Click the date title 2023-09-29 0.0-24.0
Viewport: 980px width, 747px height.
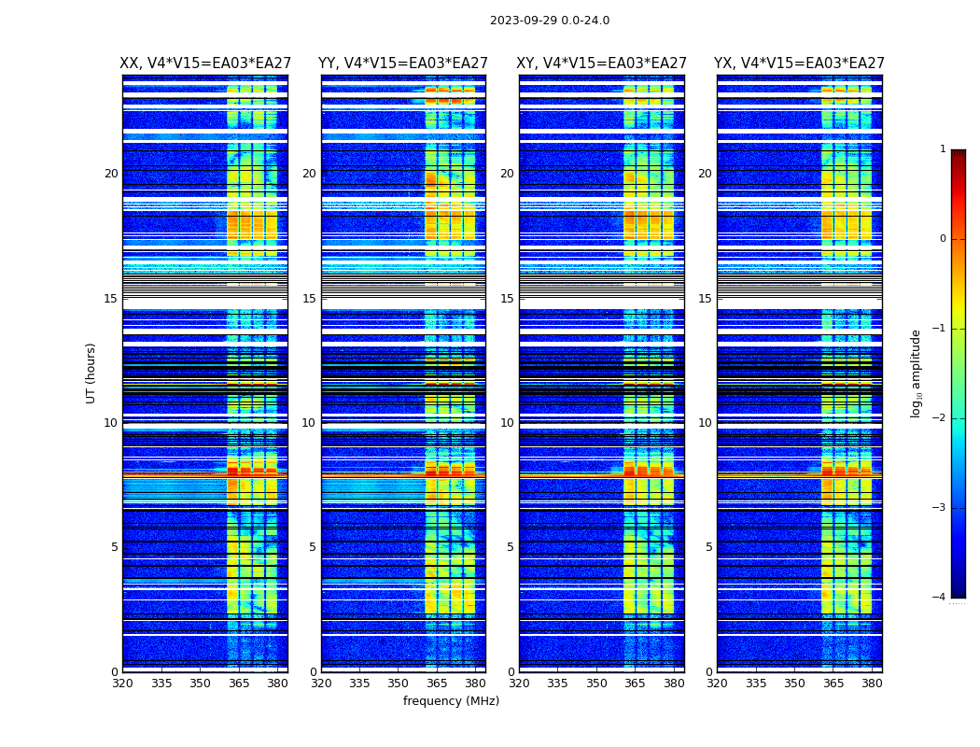pyautogui.click(x=550, y=21)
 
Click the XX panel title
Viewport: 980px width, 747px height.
pyautogui.click(x=204, y=63)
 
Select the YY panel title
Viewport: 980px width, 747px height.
pyautogui.click(x=403, y=63)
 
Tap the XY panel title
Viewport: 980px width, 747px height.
pyautogui.click(x=601, y=63)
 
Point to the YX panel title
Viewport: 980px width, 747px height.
pyautogui.click(x=799, y=63)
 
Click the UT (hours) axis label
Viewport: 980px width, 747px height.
pyautogui.click(x=91, y=373)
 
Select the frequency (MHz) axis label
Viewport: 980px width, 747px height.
pyautogui.click(x=451, y=701)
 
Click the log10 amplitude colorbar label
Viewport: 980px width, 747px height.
pyautogui.click(x=917, y=373)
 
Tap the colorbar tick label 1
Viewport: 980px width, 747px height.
pyautogui.click(x=943, y=149)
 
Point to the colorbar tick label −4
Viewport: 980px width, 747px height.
pyautogui.click(x=940, y=598)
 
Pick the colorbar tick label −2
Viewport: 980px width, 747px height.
pyautogui.click(x=940, y=418)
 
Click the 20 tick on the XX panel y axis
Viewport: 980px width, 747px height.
pyautogui.click(x=111, y=174)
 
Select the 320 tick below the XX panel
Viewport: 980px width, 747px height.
pyautogui.click(x=122, y=684)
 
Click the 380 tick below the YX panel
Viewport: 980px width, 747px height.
pyautogui.click(x=872, y=684)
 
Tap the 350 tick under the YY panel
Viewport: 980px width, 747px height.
pyautogui.click(x=399, y=684)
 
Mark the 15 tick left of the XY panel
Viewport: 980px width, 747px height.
pyautogui.click(x=507, y=299)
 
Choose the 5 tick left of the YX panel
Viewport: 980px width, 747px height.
pyautogui.click(x=708, y=547)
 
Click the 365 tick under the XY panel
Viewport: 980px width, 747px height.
pyautogui.click(x=635, y=684)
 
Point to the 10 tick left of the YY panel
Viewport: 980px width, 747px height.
pyautogui.click(x=309, y=423)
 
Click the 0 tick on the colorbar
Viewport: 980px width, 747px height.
pyautogui.click(x=943, y=239)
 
